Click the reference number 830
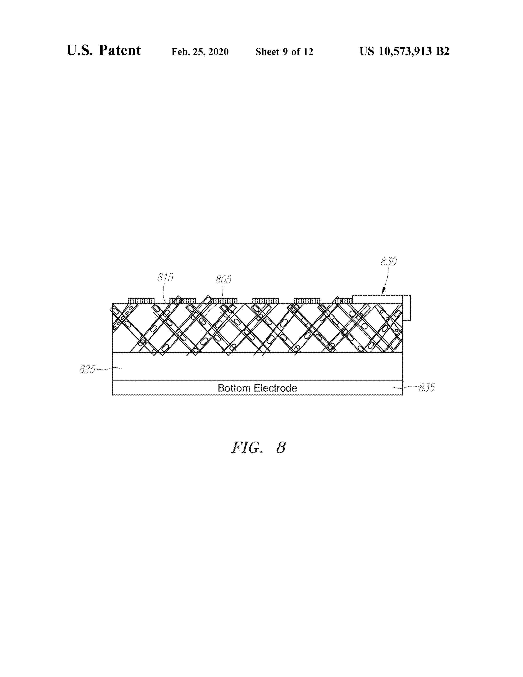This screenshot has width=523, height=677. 388,262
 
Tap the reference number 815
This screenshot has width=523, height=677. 165,277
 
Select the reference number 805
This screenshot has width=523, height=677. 223,280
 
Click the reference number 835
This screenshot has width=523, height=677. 427,388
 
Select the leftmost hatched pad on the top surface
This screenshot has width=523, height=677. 141,301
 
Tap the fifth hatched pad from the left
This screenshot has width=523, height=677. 307,301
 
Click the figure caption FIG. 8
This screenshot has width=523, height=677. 258,448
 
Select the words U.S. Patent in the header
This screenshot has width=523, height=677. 104,50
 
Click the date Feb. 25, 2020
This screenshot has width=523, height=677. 200,52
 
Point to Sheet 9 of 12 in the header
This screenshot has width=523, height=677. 284,51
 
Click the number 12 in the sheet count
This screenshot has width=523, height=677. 308,51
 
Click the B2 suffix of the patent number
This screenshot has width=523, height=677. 443,51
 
